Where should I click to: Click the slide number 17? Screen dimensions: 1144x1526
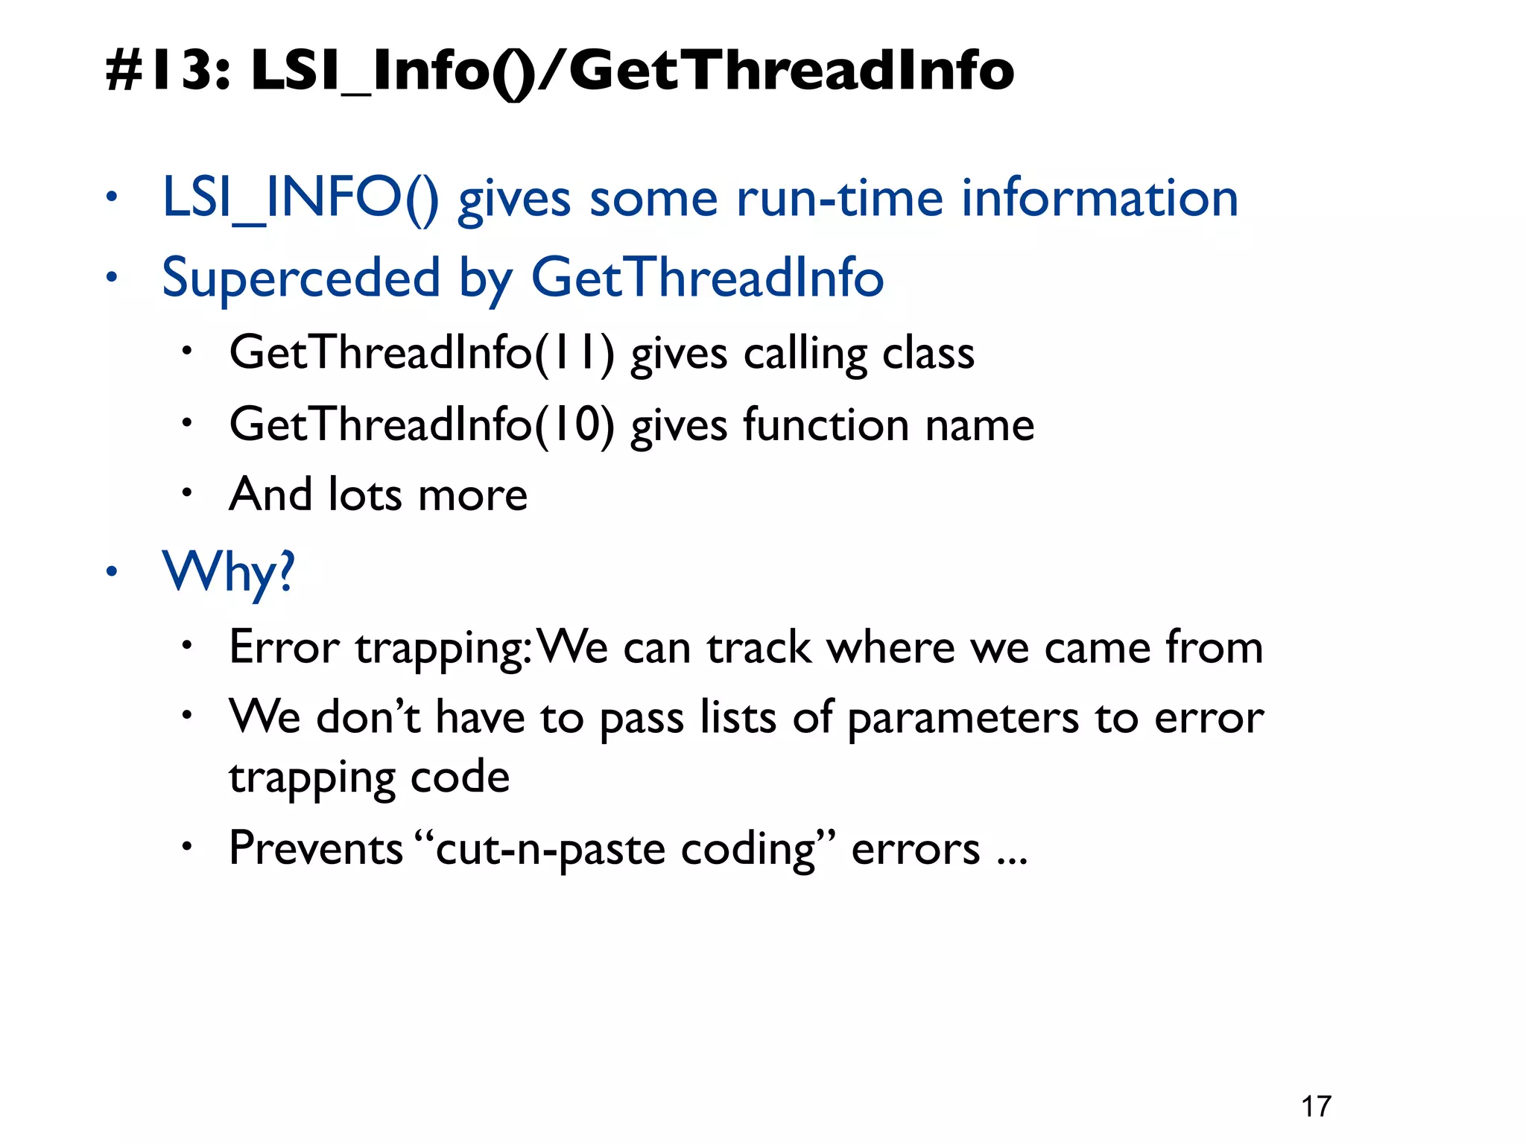click(x=1316, y=1107)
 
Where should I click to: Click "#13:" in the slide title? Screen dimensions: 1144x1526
click(x=168, y=70)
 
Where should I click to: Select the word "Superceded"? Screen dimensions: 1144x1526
click(x=301, y=277)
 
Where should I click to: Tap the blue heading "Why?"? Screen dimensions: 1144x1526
click(x=229, y=572)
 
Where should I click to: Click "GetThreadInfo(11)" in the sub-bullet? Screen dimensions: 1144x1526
click(x=422, y=352)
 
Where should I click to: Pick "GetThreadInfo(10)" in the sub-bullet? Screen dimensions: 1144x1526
click(x=422, y=425)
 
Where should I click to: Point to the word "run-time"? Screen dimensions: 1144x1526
click(x=840, y=198)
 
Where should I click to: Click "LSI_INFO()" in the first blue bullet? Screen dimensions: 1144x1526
click(x=300, y=198)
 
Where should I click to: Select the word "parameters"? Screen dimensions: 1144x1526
click(x=963, y=718)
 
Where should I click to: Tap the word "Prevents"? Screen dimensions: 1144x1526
click(x=316, y=848)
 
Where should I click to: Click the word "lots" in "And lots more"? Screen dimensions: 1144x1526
click(x=364, y=495)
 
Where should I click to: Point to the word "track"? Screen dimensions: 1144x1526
click(x=759, y=647)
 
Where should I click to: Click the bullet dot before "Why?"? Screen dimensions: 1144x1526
click(x=111, y=572)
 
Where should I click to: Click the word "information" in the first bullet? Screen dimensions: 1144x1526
click(x=1100, y=198)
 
